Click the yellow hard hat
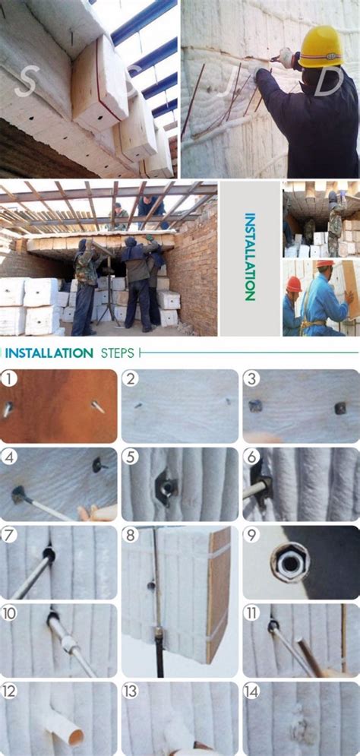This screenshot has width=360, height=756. click(321, 47)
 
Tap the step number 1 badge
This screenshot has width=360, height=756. click(8, 379)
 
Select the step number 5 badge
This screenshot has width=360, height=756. click(130, 457)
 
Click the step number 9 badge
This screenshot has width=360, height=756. click(251, 535)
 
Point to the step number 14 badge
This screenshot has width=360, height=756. click(251, 691)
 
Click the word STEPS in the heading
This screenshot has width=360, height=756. click(118, 353)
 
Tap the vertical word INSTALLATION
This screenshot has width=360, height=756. click(250, 257)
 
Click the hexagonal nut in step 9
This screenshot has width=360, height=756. click(290, 562)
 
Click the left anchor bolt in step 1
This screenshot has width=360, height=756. click(8, 410)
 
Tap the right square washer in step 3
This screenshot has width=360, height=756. click(340, 408)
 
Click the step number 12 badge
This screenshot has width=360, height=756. click(8, 691)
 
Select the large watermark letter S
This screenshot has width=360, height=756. click(27, 82)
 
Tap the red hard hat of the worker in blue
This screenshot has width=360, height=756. click(293, 283)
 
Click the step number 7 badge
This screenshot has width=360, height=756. click(8, 535)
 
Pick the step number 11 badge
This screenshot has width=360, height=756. click(251, 613)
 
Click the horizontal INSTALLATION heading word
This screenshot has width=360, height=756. click(49, 353)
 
